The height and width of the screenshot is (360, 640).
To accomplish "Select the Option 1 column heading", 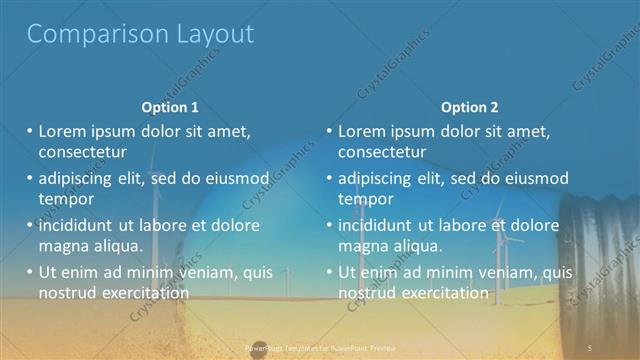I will (x=170, y=107).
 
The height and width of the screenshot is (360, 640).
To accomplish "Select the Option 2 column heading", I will (x=469, y=107).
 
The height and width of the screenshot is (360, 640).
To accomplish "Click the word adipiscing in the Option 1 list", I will (x=78, y=178).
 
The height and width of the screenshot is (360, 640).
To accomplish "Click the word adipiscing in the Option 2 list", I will (x=378, y=178).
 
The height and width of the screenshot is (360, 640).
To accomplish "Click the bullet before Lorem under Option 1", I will (x=30, y=131).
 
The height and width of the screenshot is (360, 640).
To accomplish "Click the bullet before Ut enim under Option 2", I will (x=329, y=271).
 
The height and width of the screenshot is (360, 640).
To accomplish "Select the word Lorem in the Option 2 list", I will (x=361, y=131).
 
